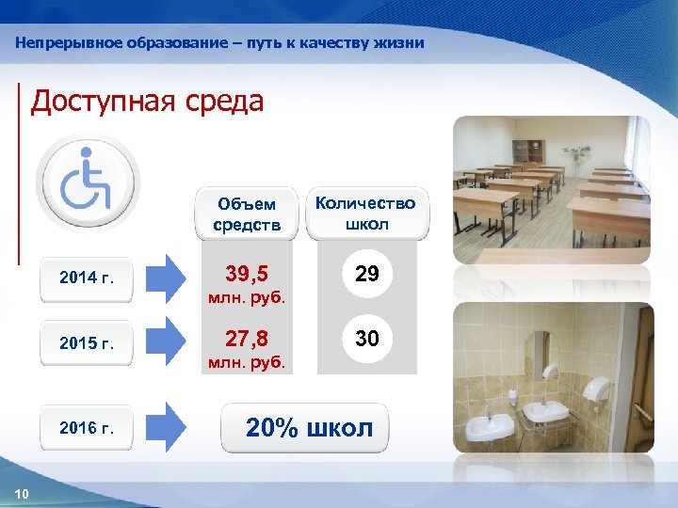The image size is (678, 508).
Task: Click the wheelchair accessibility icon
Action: [x=86, y=181]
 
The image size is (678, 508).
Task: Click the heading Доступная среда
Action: [x=148, y=102]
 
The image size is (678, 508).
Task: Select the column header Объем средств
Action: [x=247, y=214]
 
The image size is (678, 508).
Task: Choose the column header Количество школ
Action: [x=365, y=214]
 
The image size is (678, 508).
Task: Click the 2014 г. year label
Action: [x=86, y=278]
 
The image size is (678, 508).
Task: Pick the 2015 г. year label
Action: [x=86, y=342]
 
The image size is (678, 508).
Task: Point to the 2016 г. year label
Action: [x=86, y=428]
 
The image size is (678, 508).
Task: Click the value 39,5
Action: [x=247, y=275]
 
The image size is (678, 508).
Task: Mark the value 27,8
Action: [x=247, y=339]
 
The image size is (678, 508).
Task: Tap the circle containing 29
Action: [x=366, y=275]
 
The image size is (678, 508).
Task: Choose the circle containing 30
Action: [x=366, y=339]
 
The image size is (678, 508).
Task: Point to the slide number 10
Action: [x=23, y=495]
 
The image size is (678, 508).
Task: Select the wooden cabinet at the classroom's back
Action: [x=529, y=151]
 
